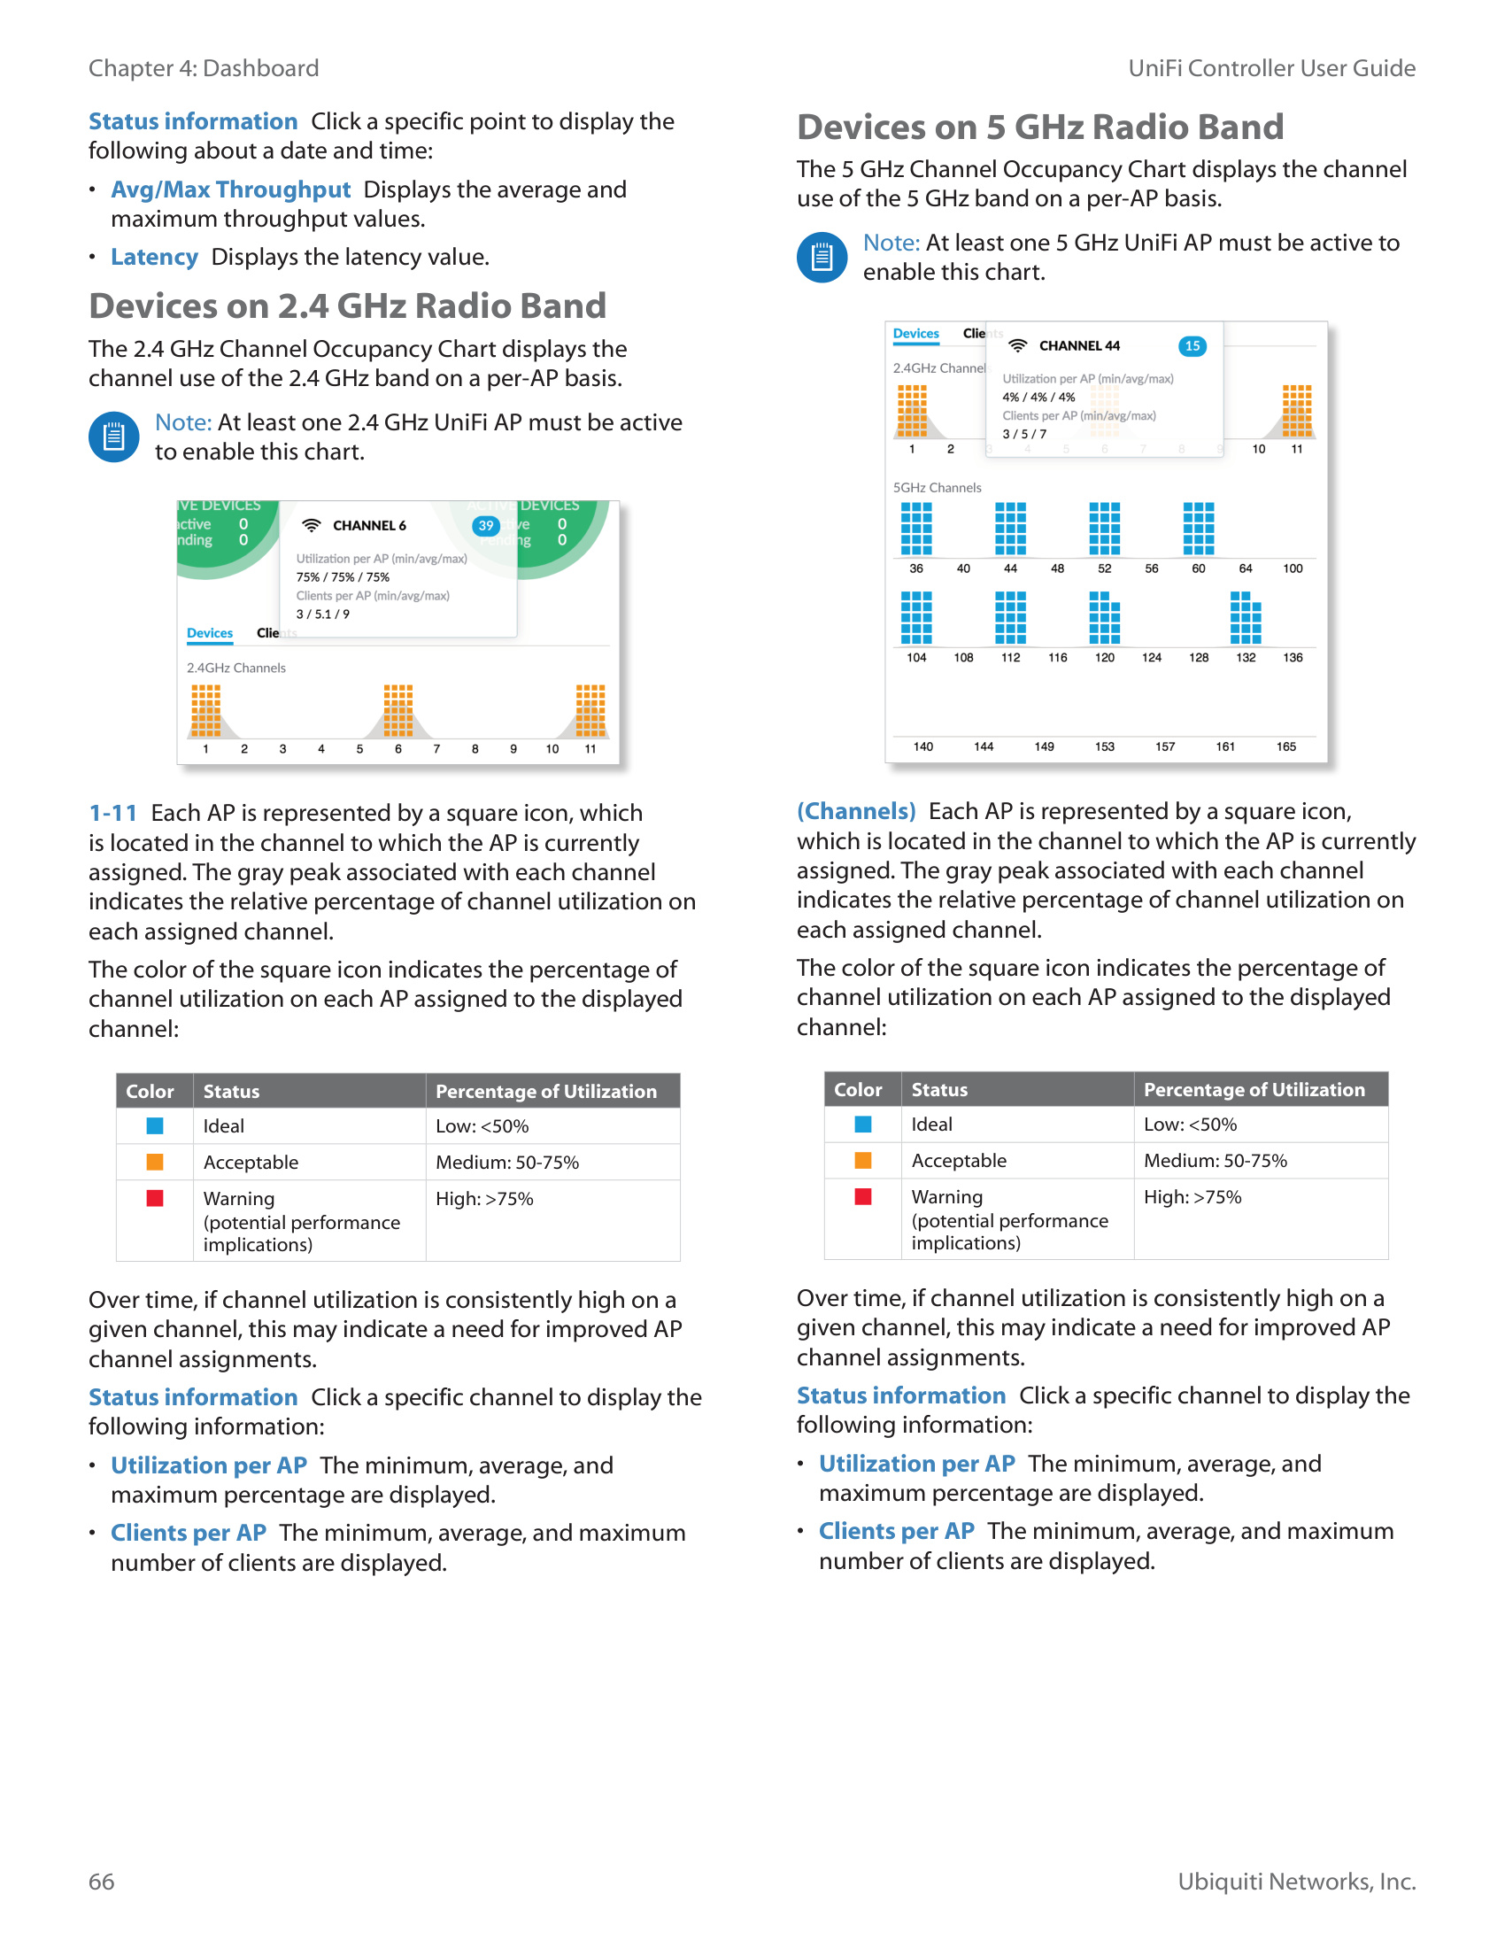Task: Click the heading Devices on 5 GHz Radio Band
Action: point(1039,128)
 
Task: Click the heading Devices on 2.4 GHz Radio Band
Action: point(347,307)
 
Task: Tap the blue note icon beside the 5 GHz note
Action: point(822,258)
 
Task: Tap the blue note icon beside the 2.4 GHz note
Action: point(114,437)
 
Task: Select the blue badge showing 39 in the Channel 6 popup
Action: point(486,525)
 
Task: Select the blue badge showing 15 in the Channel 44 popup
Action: point(1192,346)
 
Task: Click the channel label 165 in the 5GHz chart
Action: point(1285,746)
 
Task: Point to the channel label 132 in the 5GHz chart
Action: point(1246,657)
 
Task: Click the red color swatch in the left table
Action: point(155,1198)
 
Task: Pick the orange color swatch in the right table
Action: point(863,1161)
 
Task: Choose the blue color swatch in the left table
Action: point(155,1125)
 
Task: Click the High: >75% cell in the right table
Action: point(1192,1197)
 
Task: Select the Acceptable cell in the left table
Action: point(251,1163)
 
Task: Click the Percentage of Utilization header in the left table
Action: point(545,1092)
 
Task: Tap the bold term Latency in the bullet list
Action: point(153,258)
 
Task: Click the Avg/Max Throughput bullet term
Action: point(230,190)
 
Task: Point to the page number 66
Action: point(102,1881)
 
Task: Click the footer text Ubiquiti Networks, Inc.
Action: point(1296,1881)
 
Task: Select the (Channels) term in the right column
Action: point(856,811)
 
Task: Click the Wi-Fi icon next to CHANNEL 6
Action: point(311,525)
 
